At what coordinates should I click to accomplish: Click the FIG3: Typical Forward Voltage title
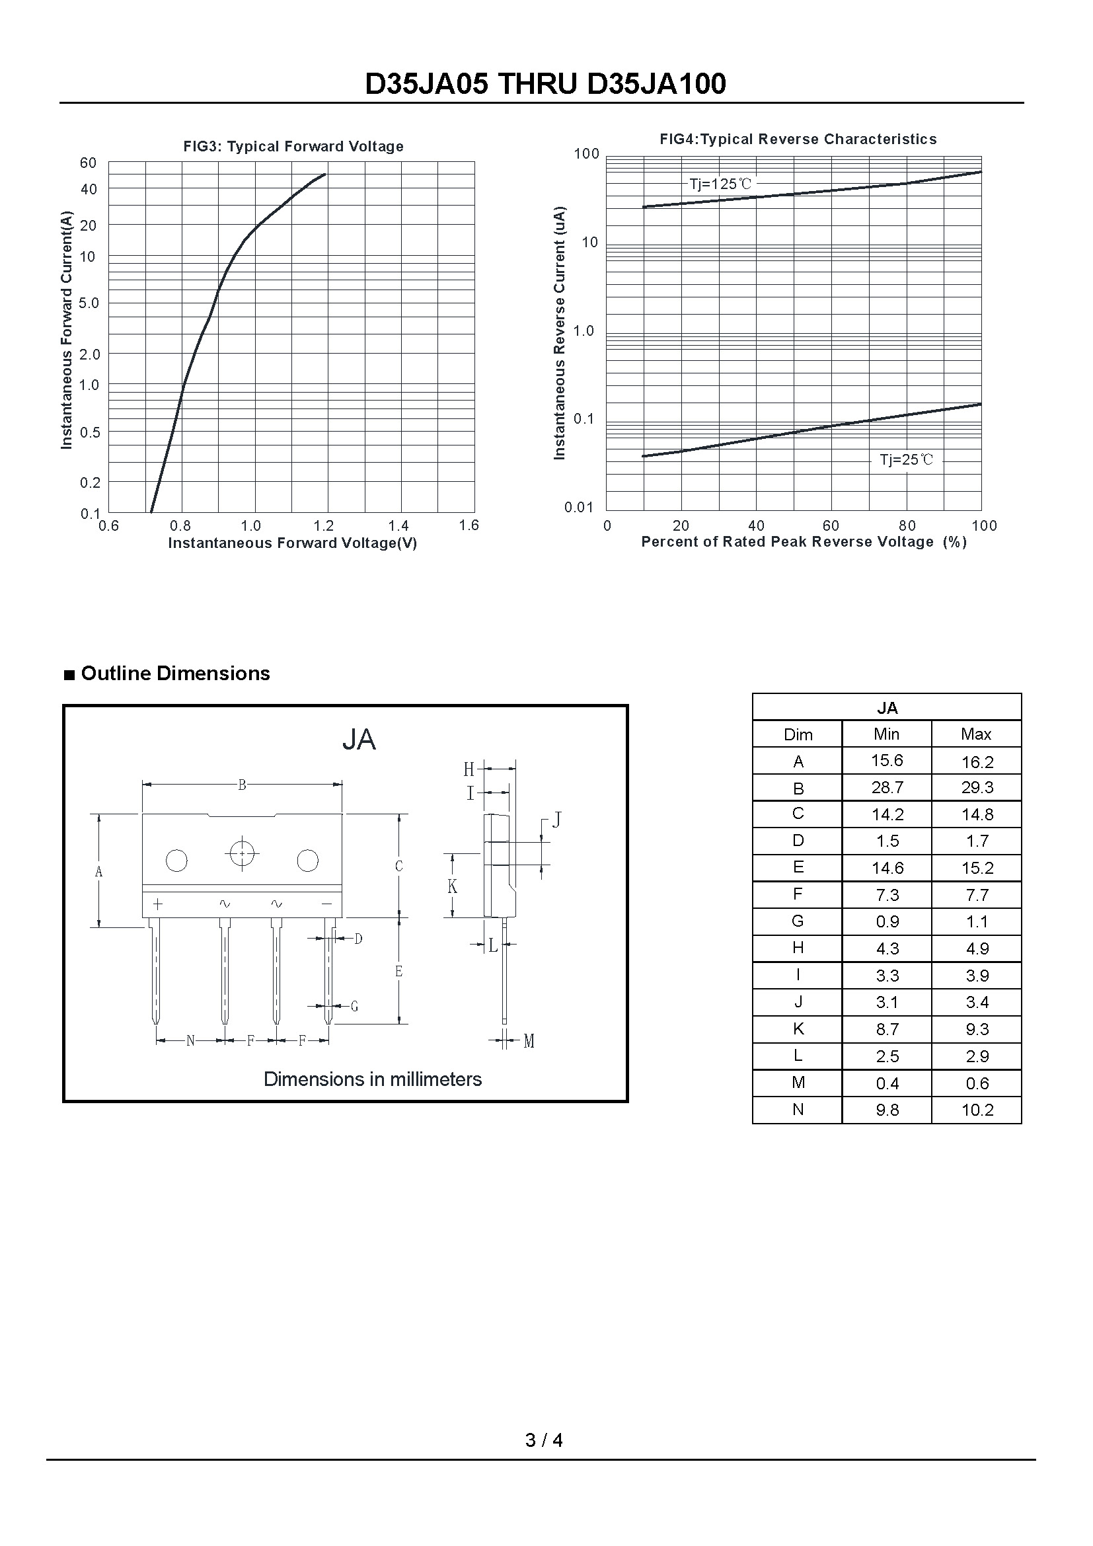293,147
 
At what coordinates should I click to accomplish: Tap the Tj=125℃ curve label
720,184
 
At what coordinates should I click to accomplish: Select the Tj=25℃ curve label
906,460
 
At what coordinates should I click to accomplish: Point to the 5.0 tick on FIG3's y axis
89,303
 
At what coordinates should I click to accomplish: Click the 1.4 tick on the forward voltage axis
398,526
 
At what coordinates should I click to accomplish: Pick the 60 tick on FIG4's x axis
831,526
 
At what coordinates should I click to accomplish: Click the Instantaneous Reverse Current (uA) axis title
559,332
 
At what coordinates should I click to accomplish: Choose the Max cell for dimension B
977,788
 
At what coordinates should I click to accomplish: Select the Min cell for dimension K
887,1030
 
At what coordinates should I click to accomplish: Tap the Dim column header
798,734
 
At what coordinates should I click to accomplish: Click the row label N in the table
798,1110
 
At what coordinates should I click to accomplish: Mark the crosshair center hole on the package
243,854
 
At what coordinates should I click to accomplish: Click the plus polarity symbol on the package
157,904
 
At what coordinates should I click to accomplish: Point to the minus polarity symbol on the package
327,904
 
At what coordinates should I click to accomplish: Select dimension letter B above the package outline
243,785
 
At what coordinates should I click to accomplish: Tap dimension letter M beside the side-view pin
529,1042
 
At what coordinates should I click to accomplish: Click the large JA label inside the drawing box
359,740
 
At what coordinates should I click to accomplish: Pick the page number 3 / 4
544,1440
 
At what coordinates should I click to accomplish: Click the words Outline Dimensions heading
175,674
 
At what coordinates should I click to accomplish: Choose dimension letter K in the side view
452,887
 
